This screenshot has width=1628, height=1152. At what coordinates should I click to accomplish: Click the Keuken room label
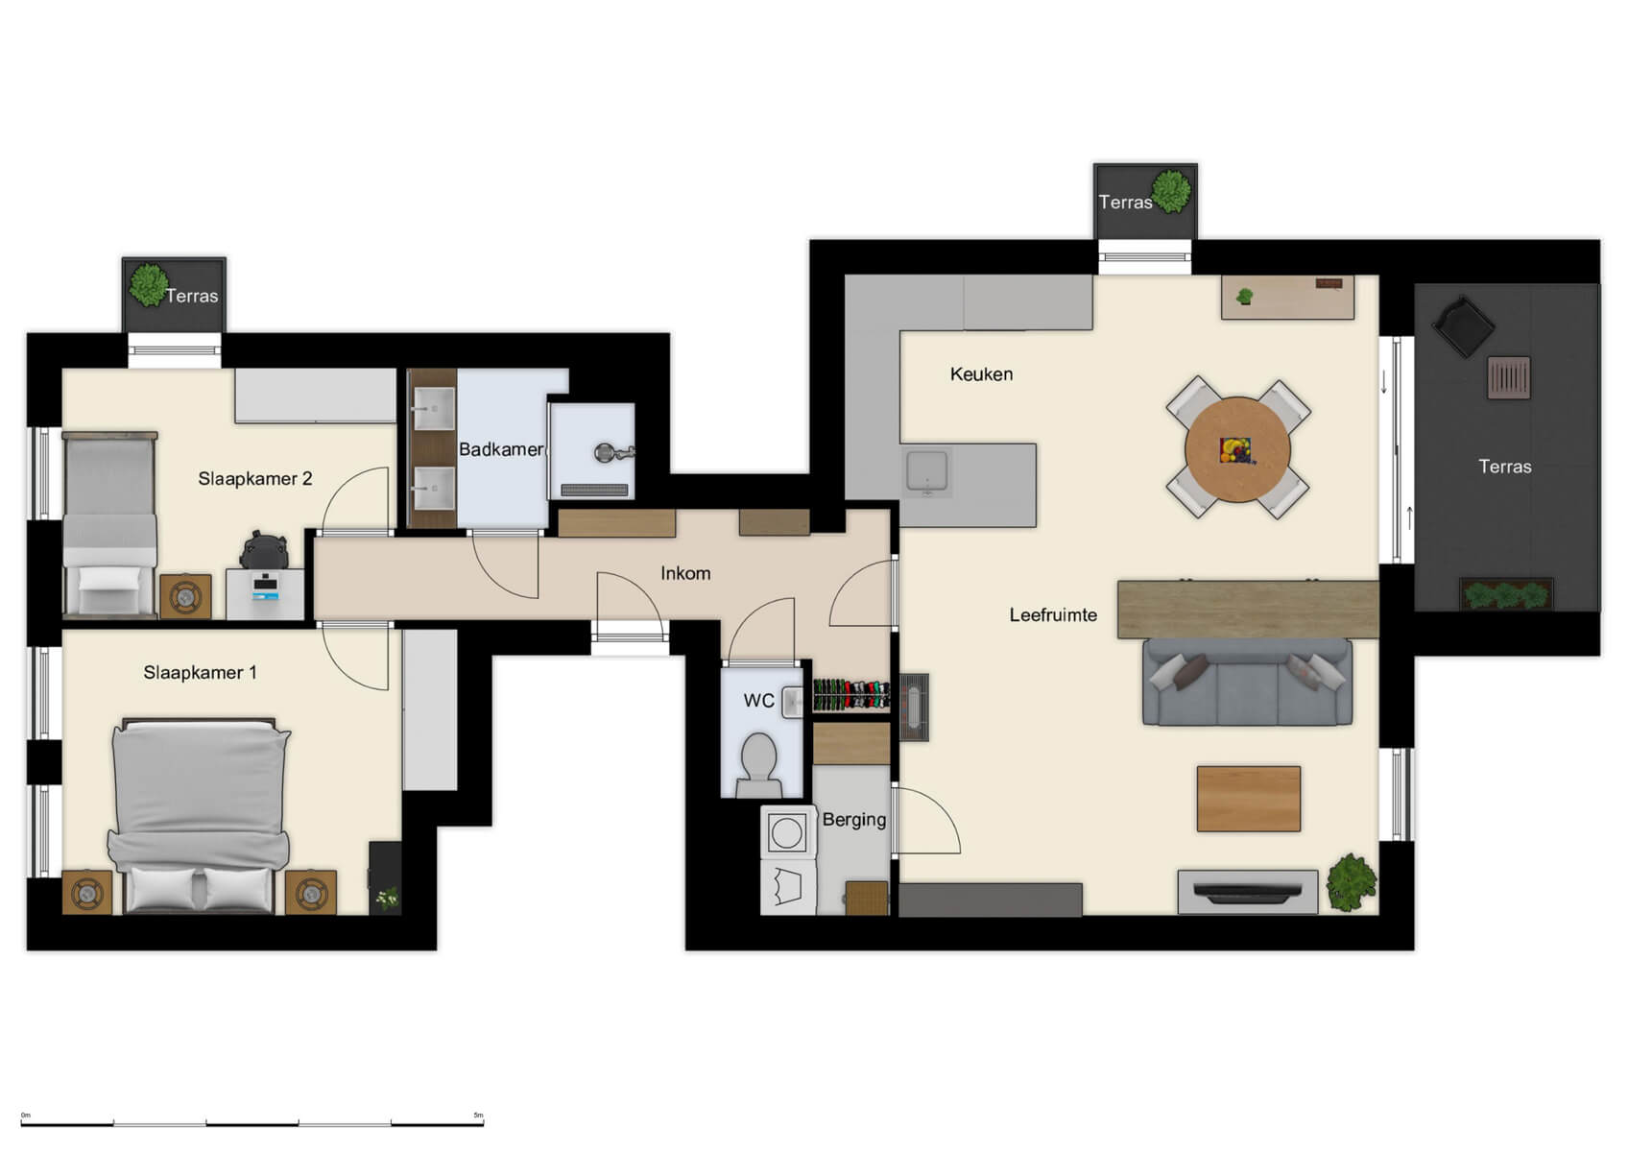[981, 374]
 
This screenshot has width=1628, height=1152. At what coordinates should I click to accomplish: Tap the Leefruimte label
[1053, 615]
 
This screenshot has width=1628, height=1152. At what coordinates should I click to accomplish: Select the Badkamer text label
[500, 449]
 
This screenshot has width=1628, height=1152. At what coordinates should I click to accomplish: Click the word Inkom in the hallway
[685, 573]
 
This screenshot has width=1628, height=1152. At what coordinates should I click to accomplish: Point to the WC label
[758, 701]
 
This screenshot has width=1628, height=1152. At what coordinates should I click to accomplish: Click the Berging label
[853, 820]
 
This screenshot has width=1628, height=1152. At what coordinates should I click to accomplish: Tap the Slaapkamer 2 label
[254, 479]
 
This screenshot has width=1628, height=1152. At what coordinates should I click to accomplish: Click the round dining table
[1237, 449]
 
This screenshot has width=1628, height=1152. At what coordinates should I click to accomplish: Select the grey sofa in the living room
[1247, 684]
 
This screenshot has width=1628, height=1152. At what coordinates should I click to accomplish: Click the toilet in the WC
[759, 763]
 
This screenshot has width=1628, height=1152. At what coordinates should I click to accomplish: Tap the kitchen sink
[928, 471]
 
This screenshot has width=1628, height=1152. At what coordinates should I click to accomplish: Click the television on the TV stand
[1247, 895]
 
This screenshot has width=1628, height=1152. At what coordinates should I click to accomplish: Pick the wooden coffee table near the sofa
[1248, 799]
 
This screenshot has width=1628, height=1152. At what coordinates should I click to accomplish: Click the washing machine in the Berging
[787, 832]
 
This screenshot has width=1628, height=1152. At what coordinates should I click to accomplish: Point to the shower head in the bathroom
[606, 452]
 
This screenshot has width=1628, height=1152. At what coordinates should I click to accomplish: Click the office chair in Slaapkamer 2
[264, 551]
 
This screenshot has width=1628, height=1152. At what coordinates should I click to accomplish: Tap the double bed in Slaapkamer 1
[200, 811]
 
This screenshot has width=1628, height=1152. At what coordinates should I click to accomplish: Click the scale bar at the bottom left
[251, 1121]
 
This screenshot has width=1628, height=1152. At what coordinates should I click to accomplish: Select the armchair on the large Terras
[1462, 326]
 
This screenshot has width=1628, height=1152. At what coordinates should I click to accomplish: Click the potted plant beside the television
[1352, 882]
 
